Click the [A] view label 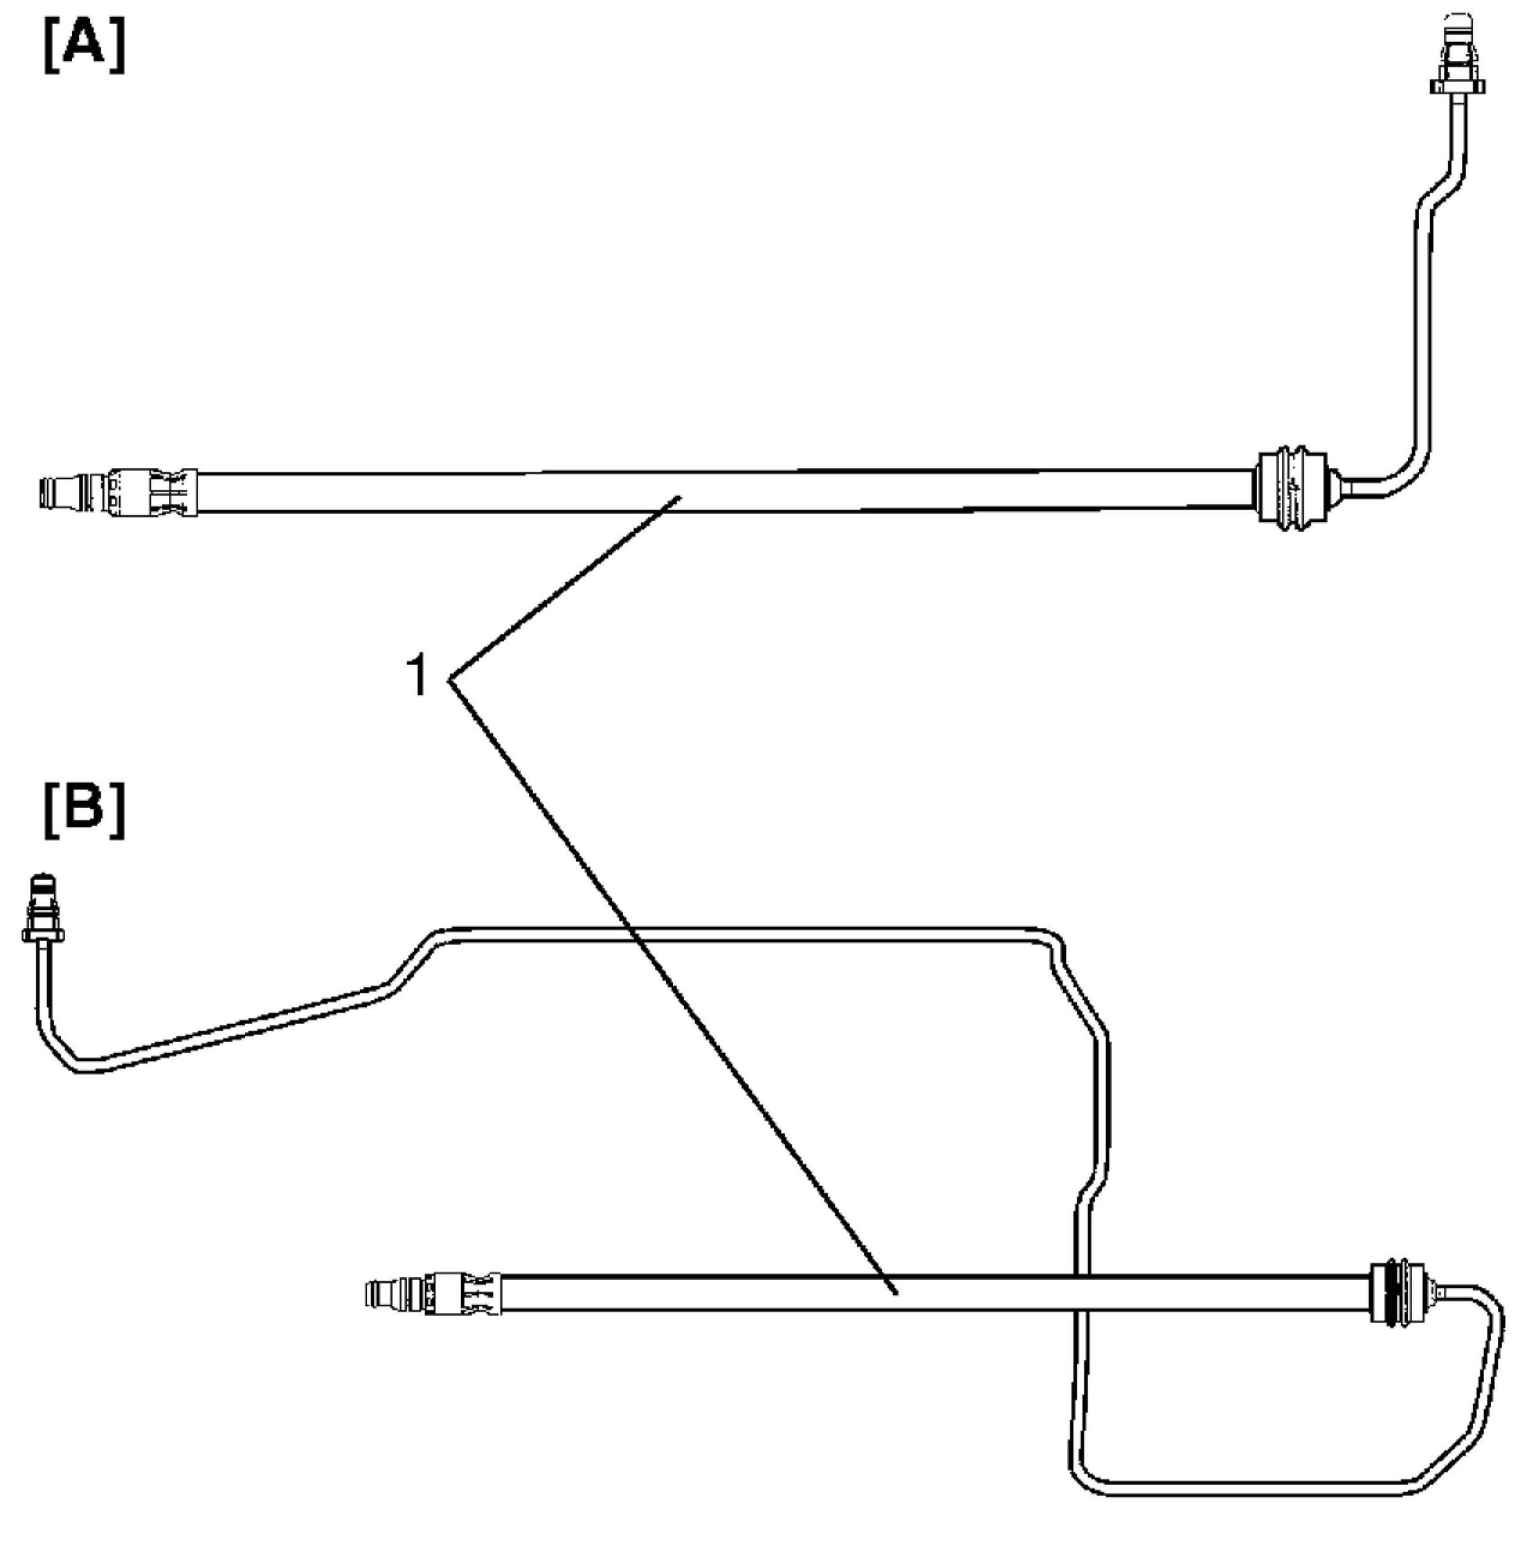tap(84, 47)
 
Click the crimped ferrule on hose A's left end tap(152, 492)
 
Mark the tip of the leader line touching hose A tap(680, 497)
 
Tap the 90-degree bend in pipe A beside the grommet tap(1410, 474)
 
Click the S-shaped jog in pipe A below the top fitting tap(1438, 191)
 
